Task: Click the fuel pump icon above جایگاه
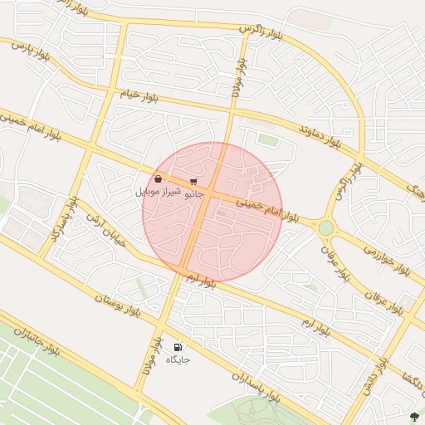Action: point(178,347)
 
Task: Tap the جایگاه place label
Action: point(178,359)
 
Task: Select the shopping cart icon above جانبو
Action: point(193,181)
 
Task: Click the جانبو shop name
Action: point(193,193)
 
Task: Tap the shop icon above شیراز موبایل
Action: point(158,178)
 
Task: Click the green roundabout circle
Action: point(325,227)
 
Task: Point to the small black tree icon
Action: point(414,414)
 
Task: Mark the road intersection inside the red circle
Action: point(208,196)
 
